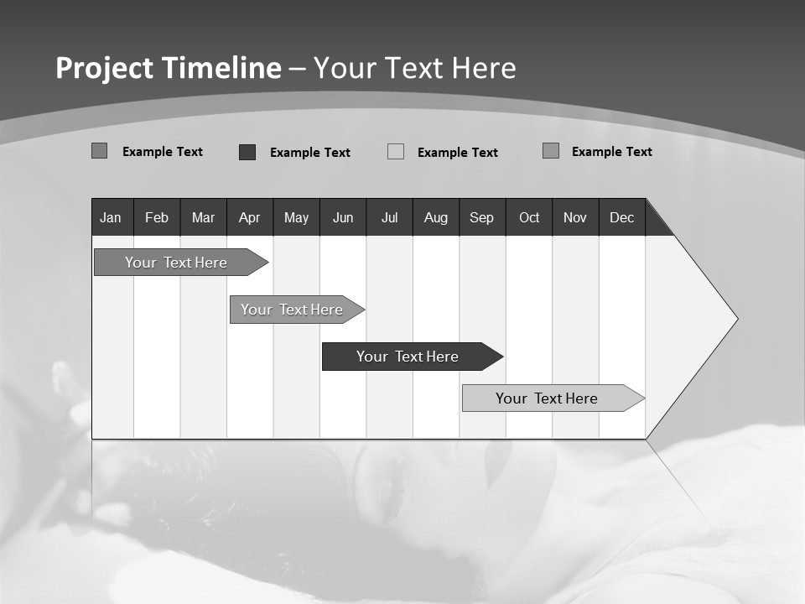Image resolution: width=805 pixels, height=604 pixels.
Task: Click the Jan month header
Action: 112,217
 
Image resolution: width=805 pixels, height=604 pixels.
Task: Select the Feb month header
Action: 157,217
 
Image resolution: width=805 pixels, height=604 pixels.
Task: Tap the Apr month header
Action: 250,217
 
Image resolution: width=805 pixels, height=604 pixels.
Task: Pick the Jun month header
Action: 343,217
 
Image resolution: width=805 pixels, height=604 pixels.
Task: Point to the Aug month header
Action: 436,217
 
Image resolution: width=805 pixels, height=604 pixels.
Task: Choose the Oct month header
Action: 529,217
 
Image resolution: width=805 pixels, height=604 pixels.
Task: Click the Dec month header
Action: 622,217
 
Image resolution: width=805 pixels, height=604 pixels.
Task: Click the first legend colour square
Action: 99,151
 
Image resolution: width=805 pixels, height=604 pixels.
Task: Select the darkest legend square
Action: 247,152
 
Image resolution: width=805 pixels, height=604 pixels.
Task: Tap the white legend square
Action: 396,152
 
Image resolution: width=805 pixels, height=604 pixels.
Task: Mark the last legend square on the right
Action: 551,151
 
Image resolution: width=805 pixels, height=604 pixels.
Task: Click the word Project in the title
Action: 105,68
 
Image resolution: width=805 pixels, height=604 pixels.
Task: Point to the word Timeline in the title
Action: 221,68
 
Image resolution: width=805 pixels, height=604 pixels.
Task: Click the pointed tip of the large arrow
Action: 735,319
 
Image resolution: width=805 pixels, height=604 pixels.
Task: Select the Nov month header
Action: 575,217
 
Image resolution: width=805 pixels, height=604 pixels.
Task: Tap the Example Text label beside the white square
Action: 457,153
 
